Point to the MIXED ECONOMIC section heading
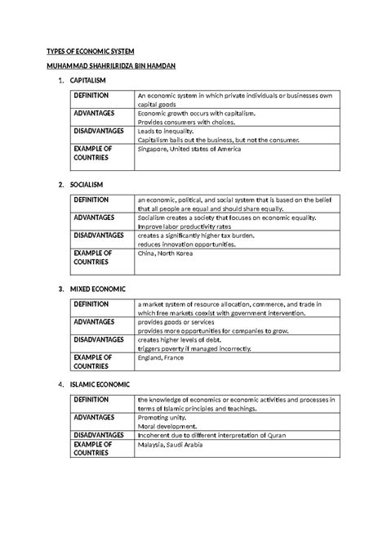click(x=101, y=290)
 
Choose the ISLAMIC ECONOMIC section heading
click(x=105, y=385)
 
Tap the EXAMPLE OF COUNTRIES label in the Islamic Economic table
click(x=91, y=449)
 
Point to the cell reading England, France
click(x=162, y=357)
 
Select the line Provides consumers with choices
click(x=185, y=122)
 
